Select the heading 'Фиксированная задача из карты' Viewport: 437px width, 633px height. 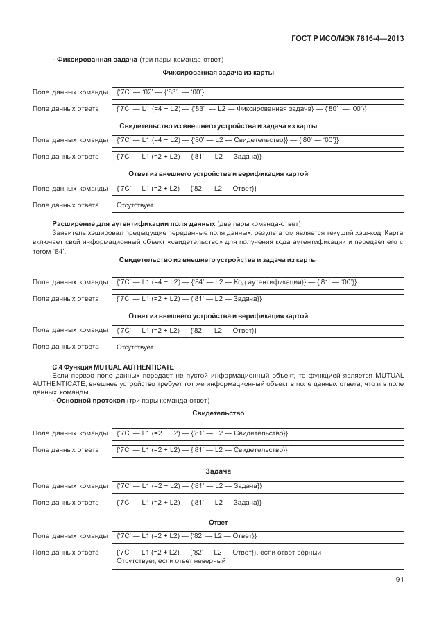pyautogui.click(x=218, y=73)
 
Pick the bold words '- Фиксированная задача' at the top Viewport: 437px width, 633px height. pyautogui.click(x=94, y=60)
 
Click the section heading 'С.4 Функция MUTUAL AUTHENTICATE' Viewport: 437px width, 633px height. pyautogui.click(x=113, y=366)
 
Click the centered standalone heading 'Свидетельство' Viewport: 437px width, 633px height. pyautogui.click(x=218, y=413)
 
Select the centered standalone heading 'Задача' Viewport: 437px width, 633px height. pyautogui.click(x=218, y=471)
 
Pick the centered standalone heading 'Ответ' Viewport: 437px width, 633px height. pyautogui.click(x=218, y=522)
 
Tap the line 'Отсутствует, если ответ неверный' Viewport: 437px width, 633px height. pyautogui.click(x=172, y=560)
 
